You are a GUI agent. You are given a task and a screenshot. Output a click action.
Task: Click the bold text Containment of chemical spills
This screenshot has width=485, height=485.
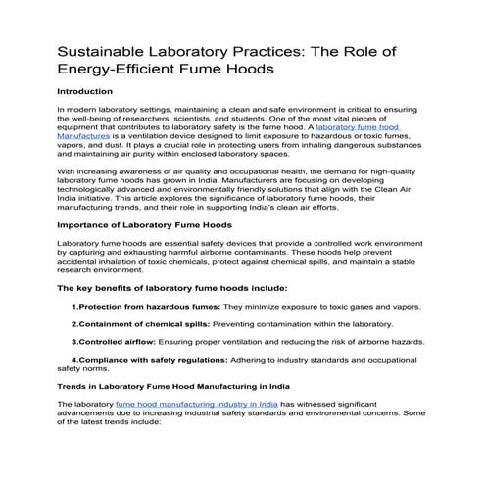[145, 324]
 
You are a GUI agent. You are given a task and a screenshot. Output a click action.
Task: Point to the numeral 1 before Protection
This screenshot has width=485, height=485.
[74, 307]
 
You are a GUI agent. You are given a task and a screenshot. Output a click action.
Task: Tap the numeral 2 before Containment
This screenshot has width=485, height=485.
[74, 324]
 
